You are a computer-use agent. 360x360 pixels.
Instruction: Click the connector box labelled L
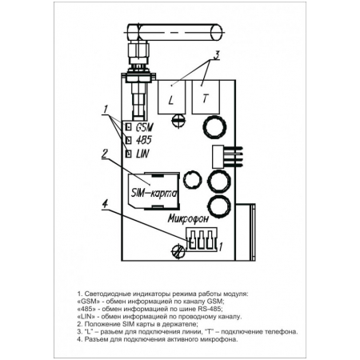point(171,97)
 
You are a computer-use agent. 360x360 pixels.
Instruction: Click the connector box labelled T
point(206,97)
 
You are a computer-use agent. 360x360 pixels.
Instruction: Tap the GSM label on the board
point(145,127)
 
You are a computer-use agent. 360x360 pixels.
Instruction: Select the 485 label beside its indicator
point(143,140)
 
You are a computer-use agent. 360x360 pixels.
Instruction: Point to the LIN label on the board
point(142,154)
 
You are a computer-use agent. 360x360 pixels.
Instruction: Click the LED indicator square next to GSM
point(129,127)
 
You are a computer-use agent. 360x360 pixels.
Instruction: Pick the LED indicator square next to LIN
point(129,154)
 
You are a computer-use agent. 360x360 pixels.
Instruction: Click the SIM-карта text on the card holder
point(154,193)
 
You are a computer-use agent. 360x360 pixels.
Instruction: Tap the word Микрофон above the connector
point(188,218)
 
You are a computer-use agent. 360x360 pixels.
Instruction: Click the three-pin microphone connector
point(202,239)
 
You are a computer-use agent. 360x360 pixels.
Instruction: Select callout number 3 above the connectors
point(216,54)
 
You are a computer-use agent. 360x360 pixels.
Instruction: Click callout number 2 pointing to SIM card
point(105,154)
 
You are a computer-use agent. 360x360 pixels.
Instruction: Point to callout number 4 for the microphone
point(105,204)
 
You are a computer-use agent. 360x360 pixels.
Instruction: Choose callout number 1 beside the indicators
point(106,110)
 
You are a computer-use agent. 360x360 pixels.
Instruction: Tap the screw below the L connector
point(178,120)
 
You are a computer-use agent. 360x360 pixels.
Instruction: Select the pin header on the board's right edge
point(226,157)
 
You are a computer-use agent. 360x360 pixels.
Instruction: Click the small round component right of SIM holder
point(192,179)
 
